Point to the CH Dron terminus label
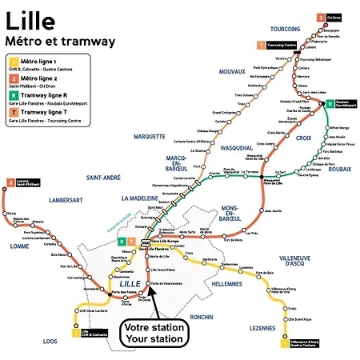333,16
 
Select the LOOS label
50,340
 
